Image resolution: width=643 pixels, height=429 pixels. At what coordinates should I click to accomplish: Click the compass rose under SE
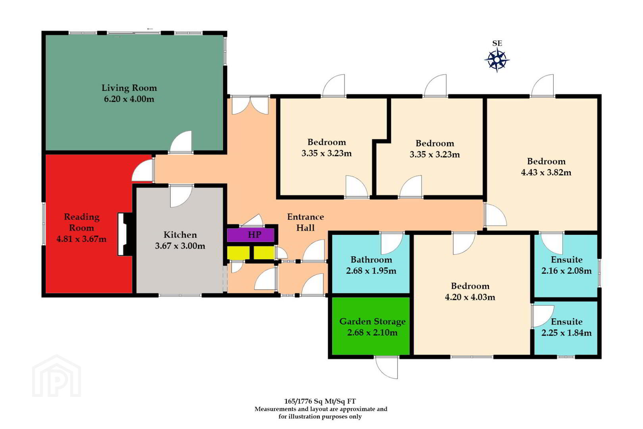click(x=497, y=60)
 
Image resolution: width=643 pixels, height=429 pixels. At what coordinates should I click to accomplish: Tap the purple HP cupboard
click(x=250, y=235)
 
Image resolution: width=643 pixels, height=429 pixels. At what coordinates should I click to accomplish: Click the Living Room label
click(x=129, y=88)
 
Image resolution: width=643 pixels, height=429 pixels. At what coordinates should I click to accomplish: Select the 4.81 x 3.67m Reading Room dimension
click(x=81, y=239)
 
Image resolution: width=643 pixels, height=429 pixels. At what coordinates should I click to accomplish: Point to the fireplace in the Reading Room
click(x=125, y=234)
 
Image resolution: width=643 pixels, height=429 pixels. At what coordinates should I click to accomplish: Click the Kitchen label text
click(x=180, y=235)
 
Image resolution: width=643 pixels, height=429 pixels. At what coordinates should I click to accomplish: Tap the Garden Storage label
click(x=372, y=321)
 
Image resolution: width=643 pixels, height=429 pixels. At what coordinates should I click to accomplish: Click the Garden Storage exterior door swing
click(x=387, y=368)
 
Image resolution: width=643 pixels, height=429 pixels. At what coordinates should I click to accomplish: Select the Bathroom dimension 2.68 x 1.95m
click(x=371, y=271)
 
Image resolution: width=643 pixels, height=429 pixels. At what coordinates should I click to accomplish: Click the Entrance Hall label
click(x=306, y=222)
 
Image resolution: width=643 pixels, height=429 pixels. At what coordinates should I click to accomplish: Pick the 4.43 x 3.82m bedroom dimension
click(x=546, y=172)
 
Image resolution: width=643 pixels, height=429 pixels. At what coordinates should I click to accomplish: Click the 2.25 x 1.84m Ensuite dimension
click(x=566, y=333)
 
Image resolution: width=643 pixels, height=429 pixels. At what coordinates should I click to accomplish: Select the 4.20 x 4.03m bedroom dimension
click(x=470, y=297)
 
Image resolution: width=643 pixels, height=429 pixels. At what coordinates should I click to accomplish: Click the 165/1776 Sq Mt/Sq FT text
click(x=320, y=401)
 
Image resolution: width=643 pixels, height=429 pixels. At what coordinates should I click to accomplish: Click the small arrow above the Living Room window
click(x=150, y=29)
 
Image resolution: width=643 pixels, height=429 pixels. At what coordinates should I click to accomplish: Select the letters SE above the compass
click(x=497, y=43)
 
